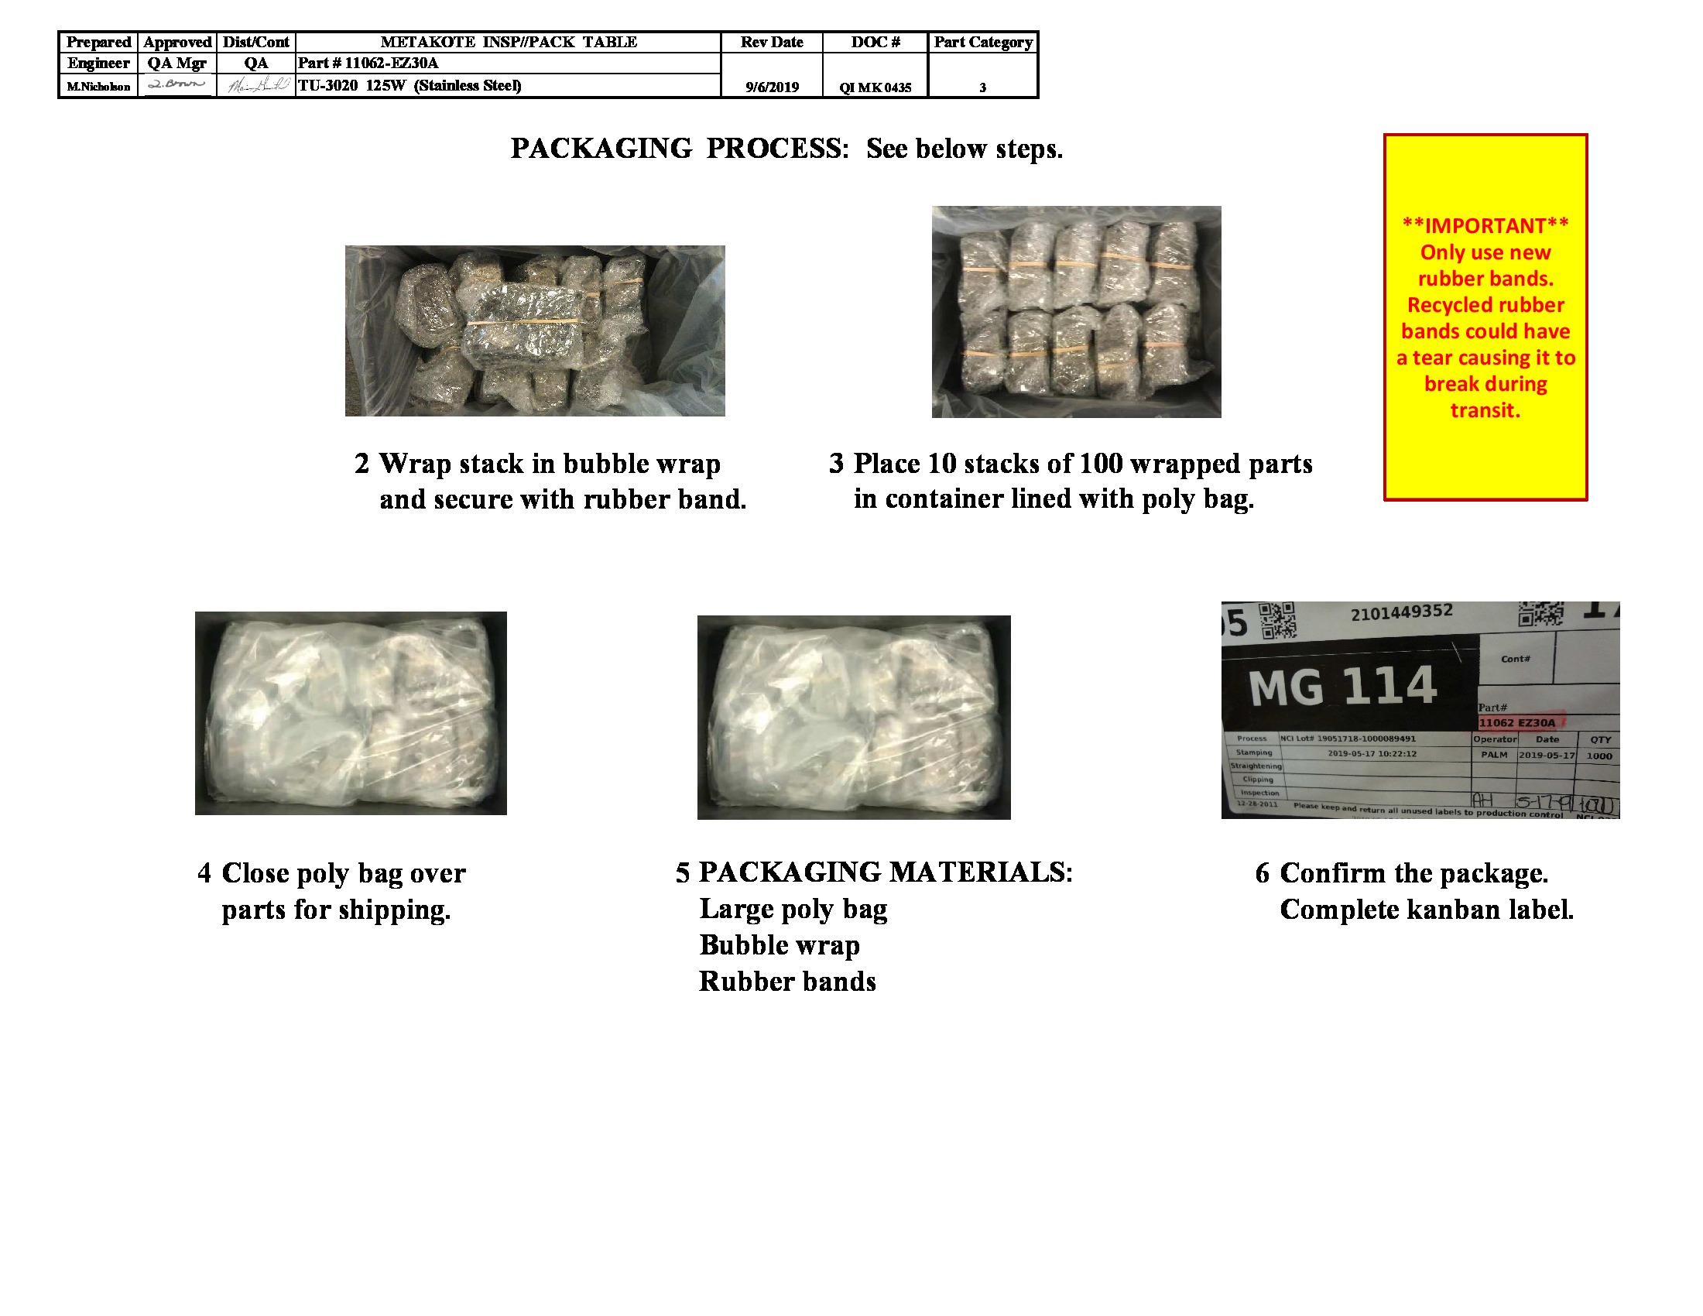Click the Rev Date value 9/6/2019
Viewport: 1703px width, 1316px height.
click(x=771, y=87)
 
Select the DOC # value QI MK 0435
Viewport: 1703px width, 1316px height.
click(x=875, y=87)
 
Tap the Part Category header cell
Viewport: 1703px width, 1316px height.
click(x=982, y=42)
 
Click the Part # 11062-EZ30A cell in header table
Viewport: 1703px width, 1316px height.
click(x=368, y=63)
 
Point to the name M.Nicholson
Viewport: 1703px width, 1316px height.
click(x=98, y=87)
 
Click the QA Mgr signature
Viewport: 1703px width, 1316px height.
click(x=177, y=84)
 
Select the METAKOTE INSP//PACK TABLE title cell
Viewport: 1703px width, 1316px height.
click(x=508, y=42)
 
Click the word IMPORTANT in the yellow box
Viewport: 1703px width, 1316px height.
click(x=1485, y=226)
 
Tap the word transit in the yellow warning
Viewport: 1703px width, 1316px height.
click(x=1485, y=410)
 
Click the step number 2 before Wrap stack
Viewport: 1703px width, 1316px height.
click(x=362, y=464)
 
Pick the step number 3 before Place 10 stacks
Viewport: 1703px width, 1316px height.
click(x=836, y=464)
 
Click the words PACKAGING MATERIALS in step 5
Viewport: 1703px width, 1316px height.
click(x=885, y=872)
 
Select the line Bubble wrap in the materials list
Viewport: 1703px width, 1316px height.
click(x=779, y=945)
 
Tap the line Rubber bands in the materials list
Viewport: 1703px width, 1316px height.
click(x=786, y=982)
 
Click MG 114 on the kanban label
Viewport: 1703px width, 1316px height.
click(x=1342, y=686)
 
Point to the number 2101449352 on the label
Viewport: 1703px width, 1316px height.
click(x=1401, y=613)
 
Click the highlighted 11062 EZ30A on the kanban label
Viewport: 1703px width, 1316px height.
click(x=1516, y=723)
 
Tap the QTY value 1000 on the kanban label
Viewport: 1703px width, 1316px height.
click(x=1599, y=756)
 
